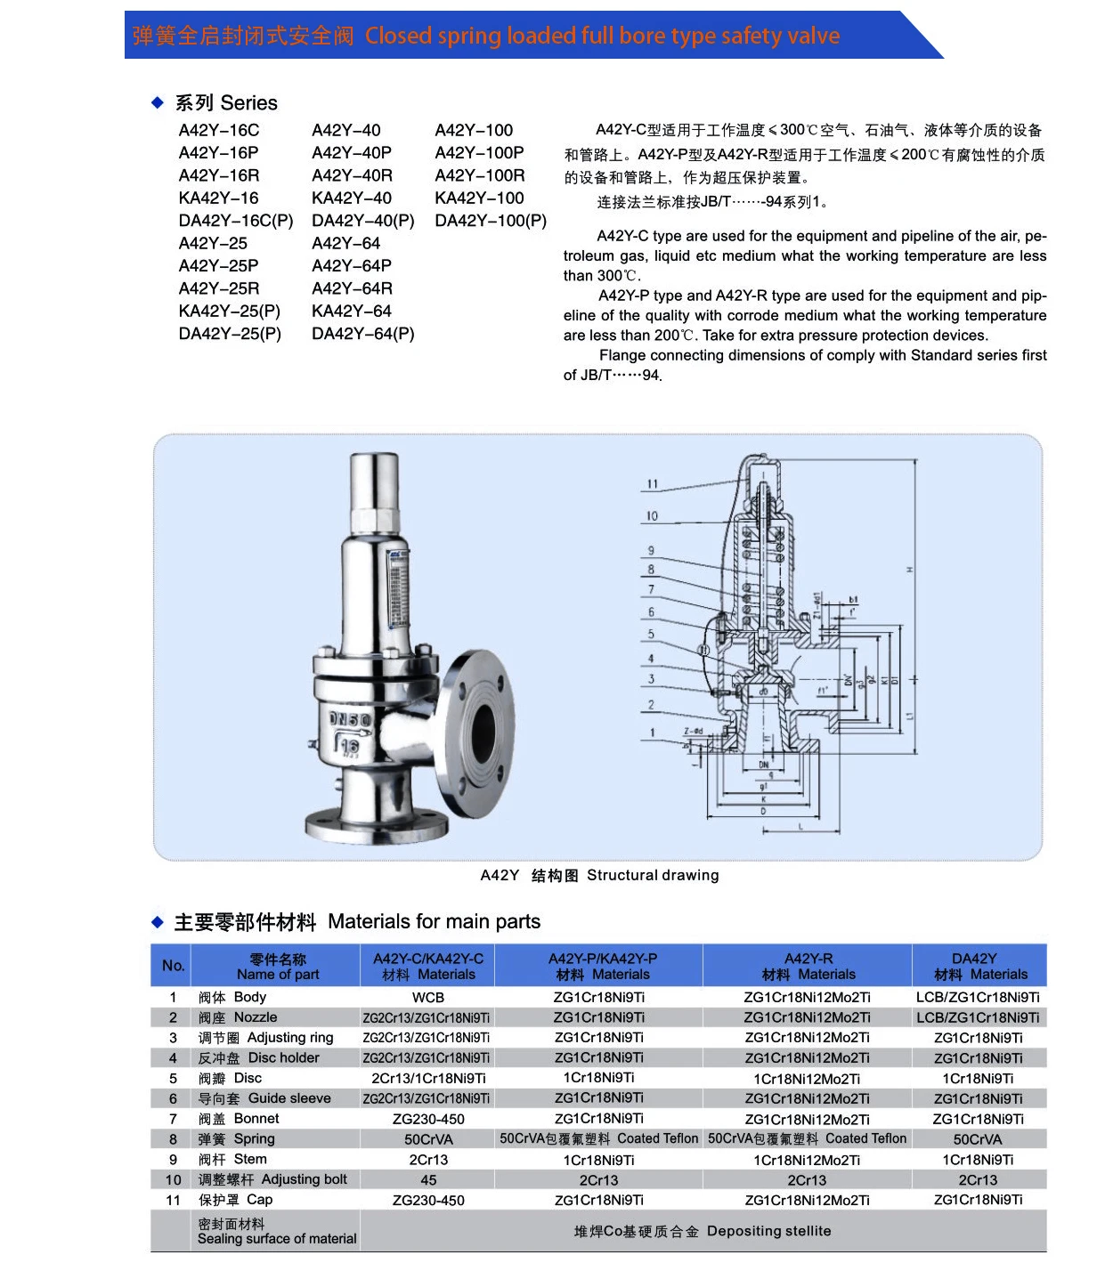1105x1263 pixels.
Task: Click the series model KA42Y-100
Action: click(x=479, y=198)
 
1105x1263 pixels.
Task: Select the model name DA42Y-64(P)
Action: click(x=362, y=334)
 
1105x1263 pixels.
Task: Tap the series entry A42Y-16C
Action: click(x=219, y=131)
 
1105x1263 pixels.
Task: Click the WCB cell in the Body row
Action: click(x=427, y=998)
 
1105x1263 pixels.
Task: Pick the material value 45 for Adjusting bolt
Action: click(x=428, y=1180)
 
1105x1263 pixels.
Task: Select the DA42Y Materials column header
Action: click(x=979, y=967)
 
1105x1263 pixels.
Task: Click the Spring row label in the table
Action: click(x=237, y=1139)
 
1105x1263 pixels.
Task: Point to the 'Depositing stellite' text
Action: click(x=768, y=1231)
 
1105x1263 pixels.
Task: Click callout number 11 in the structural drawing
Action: click(x=653, y=484)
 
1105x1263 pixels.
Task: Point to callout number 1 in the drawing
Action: click(x=652, y=733)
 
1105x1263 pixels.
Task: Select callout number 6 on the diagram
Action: click(x=651, y=612)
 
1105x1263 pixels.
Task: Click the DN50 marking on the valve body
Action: click(x=349, y=719)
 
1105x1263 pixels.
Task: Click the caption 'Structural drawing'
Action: click(x=652, y=876)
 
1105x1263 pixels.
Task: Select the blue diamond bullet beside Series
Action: click(x=158, y=103)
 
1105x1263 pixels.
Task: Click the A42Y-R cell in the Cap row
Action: click(x=807, y=1201)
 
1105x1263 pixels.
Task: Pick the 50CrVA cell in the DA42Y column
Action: click(x=978, y=1140)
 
